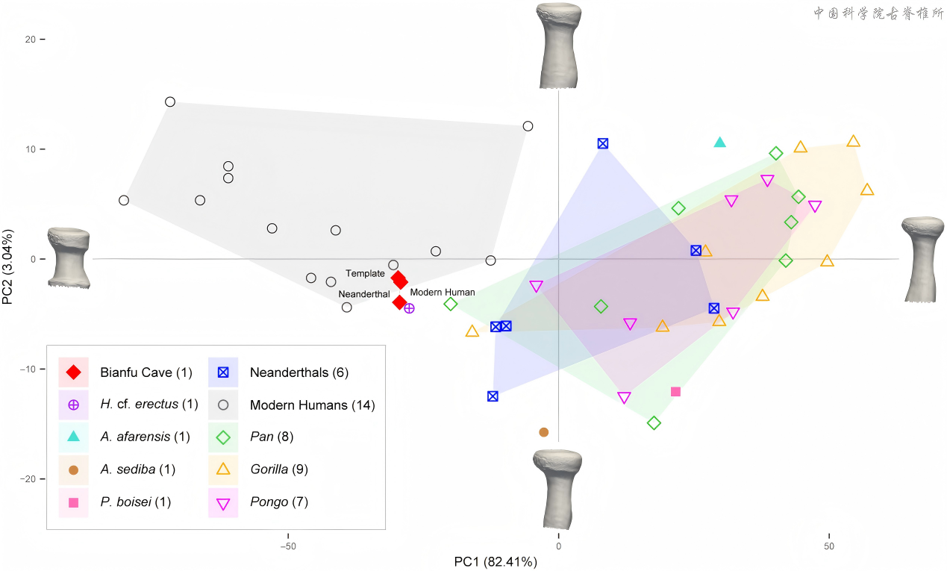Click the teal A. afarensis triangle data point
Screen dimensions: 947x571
pyautogui.click(x=719, y=143)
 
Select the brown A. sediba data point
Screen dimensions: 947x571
pyautogui.click(x=544, y=432)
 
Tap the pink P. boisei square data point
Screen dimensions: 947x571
pyautogui.click(x=675, y=392)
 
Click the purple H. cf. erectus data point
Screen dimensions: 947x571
pyautogui.click(x=409, y=308)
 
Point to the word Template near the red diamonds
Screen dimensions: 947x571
pyautogui.click(x=365, y=273)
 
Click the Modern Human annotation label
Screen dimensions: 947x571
pyautogui.click(x=443, y=292)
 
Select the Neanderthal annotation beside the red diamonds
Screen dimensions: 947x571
pyautogui.click(x=364, y=294)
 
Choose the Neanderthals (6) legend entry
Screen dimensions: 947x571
pyautogui.click(x=278, y=372)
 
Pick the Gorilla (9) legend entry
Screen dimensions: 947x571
pyautogui.click(x=258, y=469)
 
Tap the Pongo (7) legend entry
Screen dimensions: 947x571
pyautogui.click(x=258, y=502)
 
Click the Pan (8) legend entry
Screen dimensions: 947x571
pyautogui.click(x=251, y=437)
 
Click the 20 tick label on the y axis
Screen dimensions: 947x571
pyautogui.click(x=30, y=40)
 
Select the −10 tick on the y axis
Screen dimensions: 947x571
pyautogui.click(x=28, y=369)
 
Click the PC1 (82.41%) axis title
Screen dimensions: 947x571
pyautogui.click(x=496, y=562)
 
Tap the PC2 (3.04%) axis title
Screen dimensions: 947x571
pyautogui.click(x=7, y=267)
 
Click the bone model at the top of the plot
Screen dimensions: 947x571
pyautogui.click(x=558, y=46)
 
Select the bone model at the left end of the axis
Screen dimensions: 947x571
pyautogui.click(x=69, y=258)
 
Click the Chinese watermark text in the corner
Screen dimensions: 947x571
pyautogui.click(x=878, y=13)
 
